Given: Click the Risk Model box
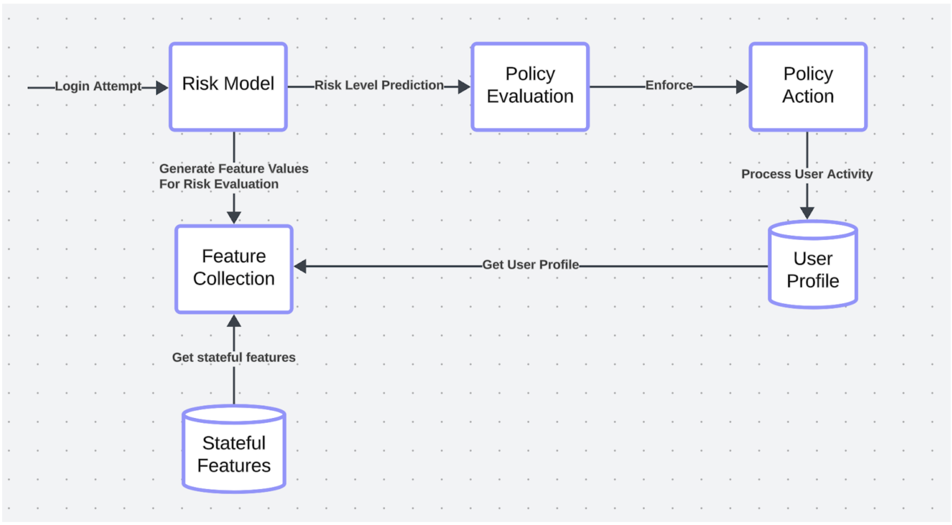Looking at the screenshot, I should coord(228,87).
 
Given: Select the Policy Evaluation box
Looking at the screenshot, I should coord(530,87).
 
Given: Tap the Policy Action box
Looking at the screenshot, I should coord(808,87).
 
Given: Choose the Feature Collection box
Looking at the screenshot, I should coord(234,269).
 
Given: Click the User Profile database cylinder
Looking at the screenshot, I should coord(813,268).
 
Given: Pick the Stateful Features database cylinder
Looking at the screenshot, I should coord(234,452).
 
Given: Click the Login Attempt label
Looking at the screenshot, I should coord(98,86).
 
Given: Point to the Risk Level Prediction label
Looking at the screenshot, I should coord(378,85).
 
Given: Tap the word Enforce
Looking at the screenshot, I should coord(669,85).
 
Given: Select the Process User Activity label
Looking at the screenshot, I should coord(807,174).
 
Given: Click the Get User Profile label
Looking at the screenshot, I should coord(530,265).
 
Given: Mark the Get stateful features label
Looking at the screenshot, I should coord(234,357).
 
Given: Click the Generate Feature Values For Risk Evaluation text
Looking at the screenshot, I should coord(234,176).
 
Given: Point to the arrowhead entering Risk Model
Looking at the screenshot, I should coord(162,87).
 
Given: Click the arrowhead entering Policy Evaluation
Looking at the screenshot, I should coord(464,87).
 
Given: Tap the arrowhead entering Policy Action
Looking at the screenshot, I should coord(742,87).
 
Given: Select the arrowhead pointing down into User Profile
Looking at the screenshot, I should coord(807,213).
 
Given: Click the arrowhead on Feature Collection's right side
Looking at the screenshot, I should coord(300,266).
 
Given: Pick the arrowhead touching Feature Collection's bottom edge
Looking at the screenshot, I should coord(234,321).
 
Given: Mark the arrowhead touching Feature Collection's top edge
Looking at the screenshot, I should coord(234,217).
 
